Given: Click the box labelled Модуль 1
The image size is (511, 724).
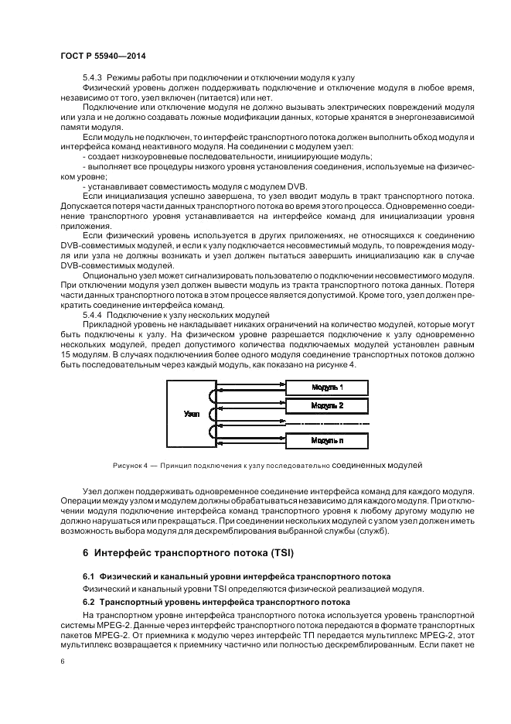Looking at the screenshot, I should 327,386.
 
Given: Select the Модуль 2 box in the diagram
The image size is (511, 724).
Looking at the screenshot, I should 327,405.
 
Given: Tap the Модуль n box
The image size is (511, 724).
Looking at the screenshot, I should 327,440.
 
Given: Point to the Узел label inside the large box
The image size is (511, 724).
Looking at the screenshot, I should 192,414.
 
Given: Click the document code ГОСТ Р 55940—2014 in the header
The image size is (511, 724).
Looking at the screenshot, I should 104,56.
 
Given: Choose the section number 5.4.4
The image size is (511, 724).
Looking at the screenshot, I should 93,315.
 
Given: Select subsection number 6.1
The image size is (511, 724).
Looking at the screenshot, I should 88,576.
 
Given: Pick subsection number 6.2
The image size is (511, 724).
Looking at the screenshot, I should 88,601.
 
